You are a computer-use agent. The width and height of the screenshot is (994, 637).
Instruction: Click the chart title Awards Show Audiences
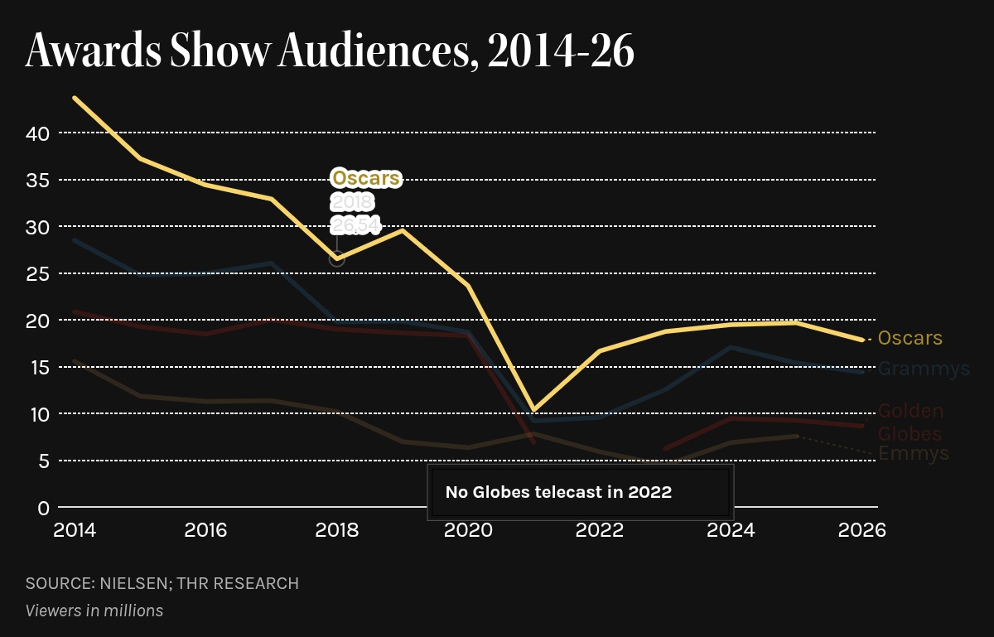point(330,51)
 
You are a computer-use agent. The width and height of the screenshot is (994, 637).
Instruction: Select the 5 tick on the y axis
point(43,461)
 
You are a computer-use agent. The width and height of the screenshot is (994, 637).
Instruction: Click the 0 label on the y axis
point(43,507)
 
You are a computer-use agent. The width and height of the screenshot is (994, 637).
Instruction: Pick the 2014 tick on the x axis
point(75,530)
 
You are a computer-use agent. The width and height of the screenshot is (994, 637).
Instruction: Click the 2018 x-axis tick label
point(337,530)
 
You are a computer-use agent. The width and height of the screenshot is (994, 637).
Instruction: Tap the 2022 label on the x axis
point(600,530)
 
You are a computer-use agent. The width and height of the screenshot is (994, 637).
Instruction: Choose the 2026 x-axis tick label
point(863,530)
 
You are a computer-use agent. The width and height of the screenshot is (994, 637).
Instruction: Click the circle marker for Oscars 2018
point(336,258)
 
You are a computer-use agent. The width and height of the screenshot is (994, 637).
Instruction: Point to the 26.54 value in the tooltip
point(355,224)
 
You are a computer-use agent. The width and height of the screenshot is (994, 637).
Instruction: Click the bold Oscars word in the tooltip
point(366,178)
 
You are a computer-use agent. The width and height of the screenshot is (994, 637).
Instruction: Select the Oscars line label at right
point(910,338)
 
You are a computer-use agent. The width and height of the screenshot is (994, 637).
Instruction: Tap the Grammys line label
point(924,369)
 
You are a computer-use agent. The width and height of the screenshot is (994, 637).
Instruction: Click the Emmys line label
point(913,454)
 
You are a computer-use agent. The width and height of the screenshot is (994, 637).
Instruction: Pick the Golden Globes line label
point(910,422)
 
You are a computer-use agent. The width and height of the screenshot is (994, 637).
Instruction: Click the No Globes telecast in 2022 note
point(558,492)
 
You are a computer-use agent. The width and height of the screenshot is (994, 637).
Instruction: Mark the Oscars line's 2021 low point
point(534,409)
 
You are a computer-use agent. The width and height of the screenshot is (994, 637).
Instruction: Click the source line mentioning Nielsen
point(162,583)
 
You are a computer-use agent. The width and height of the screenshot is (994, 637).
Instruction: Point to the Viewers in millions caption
point(94,610)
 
